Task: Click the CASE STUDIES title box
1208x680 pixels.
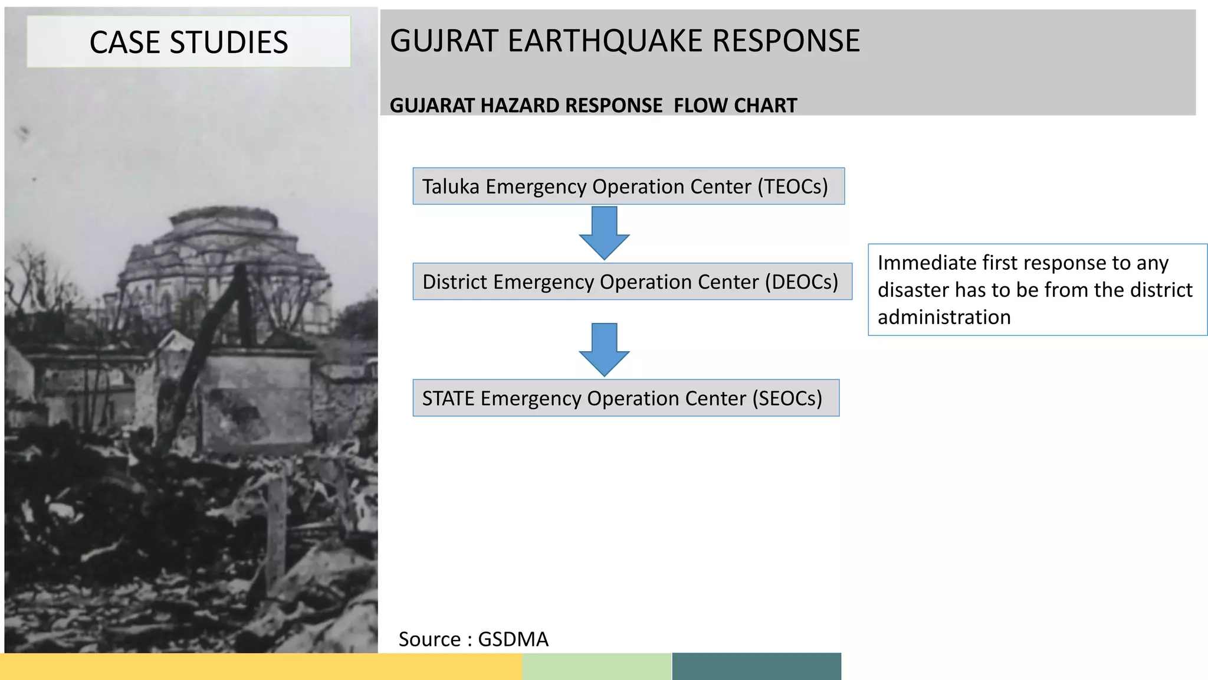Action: (188, 42)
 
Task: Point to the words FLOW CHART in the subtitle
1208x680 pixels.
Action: (735, 106)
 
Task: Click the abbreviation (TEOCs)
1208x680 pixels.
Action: (793, 187)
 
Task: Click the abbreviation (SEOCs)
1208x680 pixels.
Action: (787, 398)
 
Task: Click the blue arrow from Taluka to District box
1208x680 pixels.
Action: (604, 234)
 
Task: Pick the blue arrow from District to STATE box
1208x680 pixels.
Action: (604, 350)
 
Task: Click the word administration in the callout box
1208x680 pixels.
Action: (944, 318)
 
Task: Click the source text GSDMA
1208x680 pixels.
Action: (513, 639)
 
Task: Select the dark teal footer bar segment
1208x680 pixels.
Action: (756, 666)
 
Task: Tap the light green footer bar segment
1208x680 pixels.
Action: (596, 666)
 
